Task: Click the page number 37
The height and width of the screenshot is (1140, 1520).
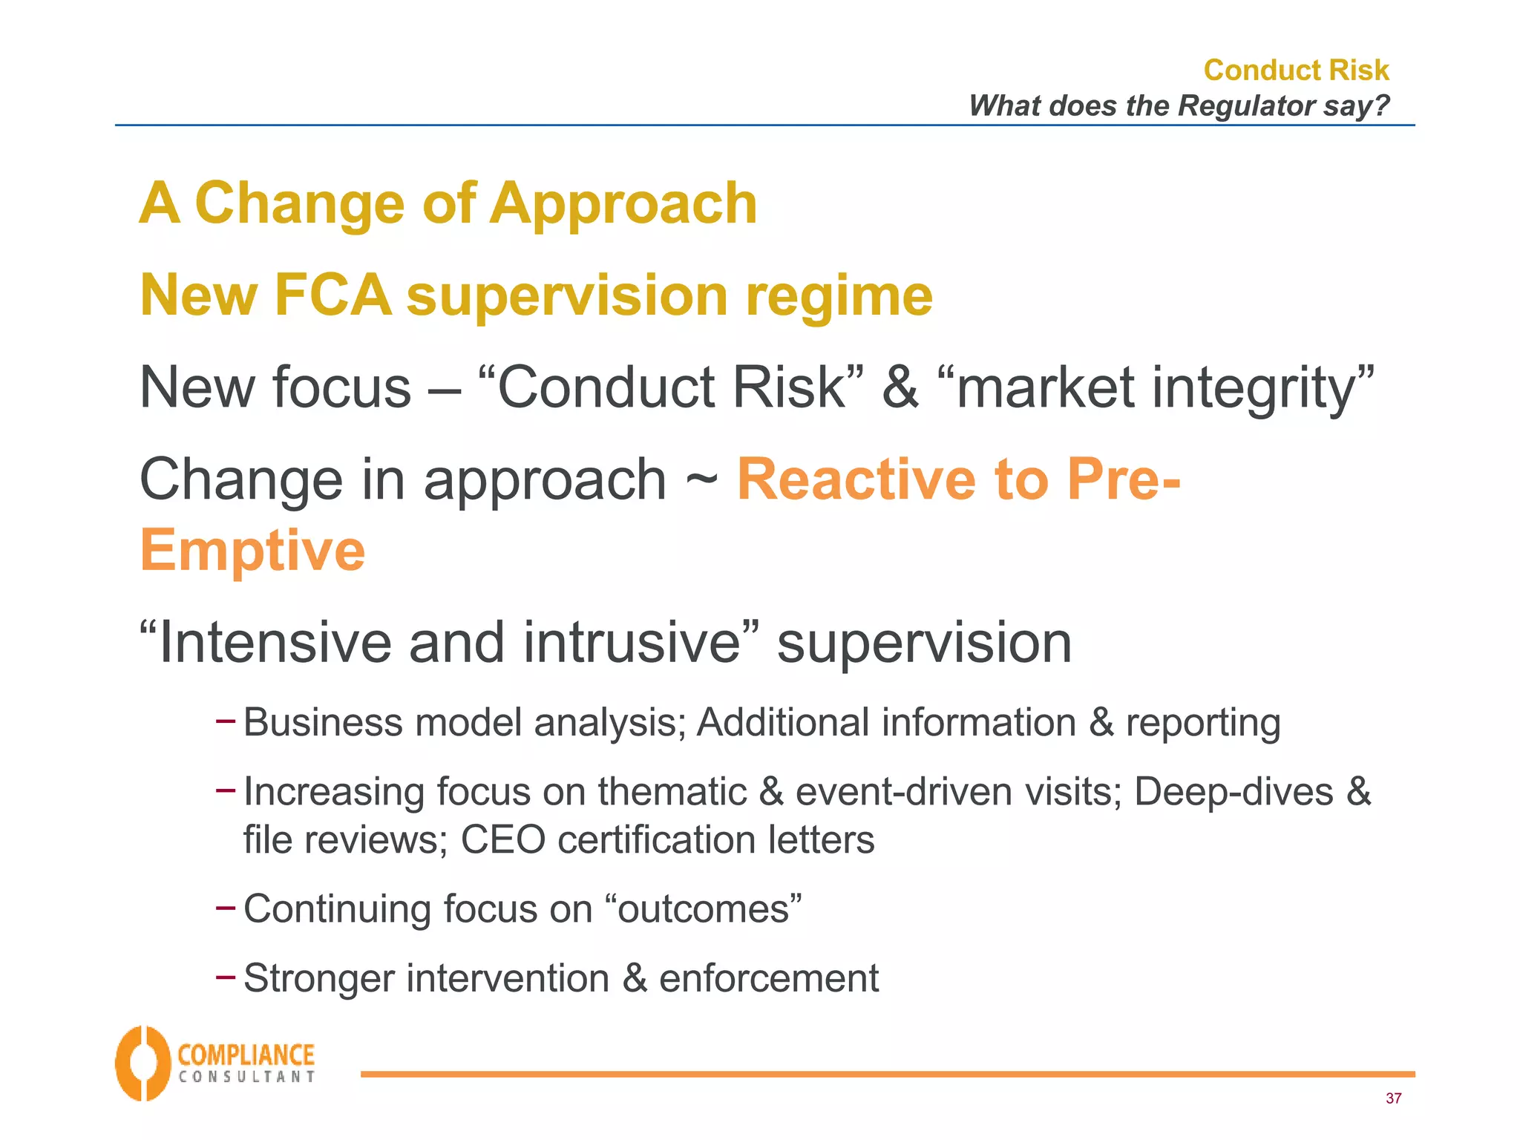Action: (x=1393, y=1098)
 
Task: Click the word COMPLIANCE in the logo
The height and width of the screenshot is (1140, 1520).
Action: (x=246, y=1055)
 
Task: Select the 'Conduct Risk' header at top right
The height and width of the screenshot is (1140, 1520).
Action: (x=1296, y=70)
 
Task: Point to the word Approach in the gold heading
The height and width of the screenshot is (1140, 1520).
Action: (x=623, y=203)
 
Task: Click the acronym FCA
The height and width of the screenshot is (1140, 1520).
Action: (x=332, y=295)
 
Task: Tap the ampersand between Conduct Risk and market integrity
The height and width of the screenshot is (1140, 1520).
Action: (x=900, y=387)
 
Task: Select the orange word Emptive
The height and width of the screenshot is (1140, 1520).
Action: (x=252, y=550)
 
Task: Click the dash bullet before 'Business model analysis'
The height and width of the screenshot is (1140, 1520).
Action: (x=226, y=720)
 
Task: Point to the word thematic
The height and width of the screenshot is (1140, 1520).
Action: (x=672, y=791)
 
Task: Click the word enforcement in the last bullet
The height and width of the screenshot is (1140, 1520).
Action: (x=768, y=977)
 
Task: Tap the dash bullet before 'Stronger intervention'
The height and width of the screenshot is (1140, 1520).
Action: (x=226, y=977)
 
